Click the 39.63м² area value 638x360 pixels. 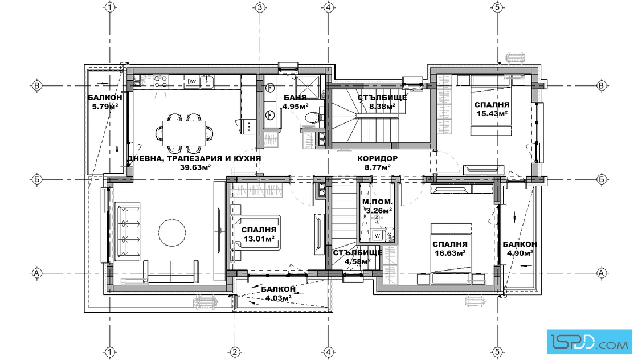(x=195, y=167)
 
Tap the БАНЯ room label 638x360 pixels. (x=295, y=98)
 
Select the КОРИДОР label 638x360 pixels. (x=378, y=159)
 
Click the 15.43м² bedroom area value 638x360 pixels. (x=492, y=113)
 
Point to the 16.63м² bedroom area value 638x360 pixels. (x=449, y=253)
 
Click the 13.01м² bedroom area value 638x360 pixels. (x=259, y=239)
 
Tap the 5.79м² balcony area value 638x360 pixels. (x=103, y=107)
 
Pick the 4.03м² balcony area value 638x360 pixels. (x=279, y=298)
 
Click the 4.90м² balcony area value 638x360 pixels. (x=520, y=253)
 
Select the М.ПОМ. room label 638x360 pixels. (x=378, y=202)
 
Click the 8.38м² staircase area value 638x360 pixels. (x=382, y=107)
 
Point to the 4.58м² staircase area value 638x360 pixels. (x=357, y=261)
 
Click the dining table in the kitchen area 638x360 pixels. (x=185, y=133)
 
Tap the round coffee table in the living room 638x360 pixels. (x=172, y=232)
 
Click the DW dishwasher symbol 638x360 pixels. (x=191, y=81)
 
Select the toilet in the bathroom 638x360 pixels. (x=312, y=118)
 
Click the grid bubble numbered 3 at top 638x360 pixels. (x=260, y=7)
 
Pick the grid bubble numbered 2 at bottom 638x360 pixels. (x=234, y=352)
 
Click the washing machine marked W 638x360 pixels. (x=377, y=235)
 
